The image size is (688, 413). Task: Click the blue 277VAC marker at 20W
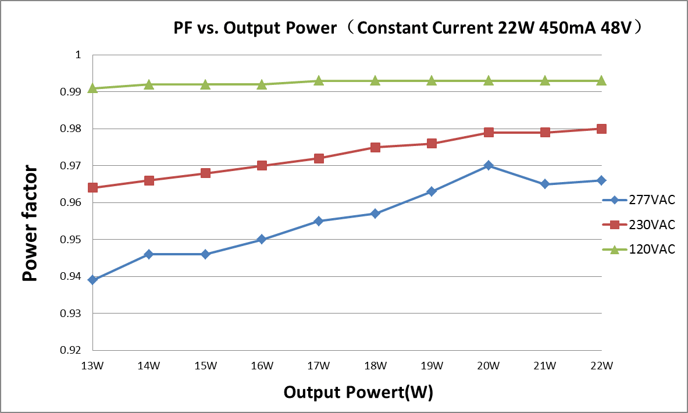point(489,165)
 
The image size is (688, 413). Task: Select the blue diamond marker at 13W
point(92,280)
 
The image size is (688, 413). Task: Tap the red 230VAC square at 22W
point(601,129)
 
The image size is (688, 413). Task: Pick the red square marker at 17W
point(319,158)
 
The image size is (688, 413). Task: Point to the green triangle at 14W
point(149,84)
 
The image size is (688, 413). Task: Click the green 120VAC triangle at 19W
point(432,80)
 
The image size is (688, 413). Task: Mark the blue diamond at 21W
point(545,184)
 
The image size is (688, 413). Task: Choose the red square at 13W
point(92,188)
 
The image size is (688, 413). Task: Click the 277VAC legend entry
point(639,200)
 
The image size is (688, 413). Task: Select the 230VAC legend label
point(652,225)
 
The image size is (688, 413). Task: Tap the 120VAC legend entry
point(639,250)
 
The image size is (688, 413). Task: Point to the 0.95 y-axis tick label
point(70,240)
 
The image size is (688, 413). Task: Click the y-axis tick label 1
point(79,55)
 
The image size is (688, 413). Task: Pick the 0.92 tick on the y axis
point(70,350)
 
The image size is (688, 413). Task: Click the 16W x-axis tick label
point(262,366)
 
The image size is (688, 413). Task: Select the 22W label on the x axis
point(601,366)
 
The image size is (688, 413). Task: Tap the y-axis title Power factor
point(30,223)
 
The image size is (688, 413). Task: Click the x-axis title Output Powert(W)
point(358,392)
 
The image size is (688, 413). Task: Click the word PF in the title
point(183,28)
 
